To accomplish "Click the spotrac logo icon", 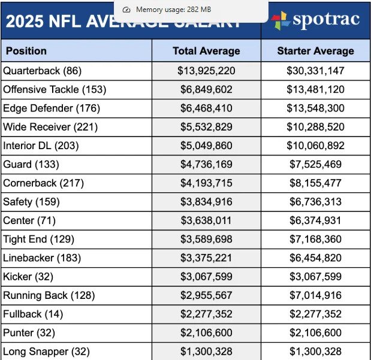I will tap(280, 20).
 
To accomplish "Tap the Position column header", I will tap(26, 51).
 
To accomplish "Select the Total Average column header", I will tap(206, 51).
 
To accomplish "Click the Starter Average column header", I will tap(315, 51).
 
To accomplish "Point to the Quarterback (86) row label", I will tap(42, 71).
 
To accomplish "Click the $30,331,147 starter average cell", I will tap(315, 71).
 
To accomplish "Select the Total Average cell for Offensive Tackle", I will tap(206, 89).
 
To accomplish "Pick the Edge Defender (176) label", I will tap(52, 108).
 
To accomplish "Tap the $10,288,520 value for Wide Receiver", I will tap(315, 127).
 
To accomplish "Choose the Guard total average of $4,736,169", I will tap(206, 164).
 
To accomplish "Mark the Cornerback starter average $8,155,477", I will tap(315, 183).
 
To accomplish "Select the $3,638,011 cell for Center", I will tap(206, 220).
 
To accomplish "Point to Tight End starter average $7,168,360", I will tap(315, 239).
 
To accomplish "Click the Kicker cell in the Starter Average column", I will tap(315, 277).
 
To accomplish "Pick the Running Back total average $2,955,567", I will tap(206, 295).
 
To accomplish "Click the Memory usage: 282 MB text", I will tap(173, 10).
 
